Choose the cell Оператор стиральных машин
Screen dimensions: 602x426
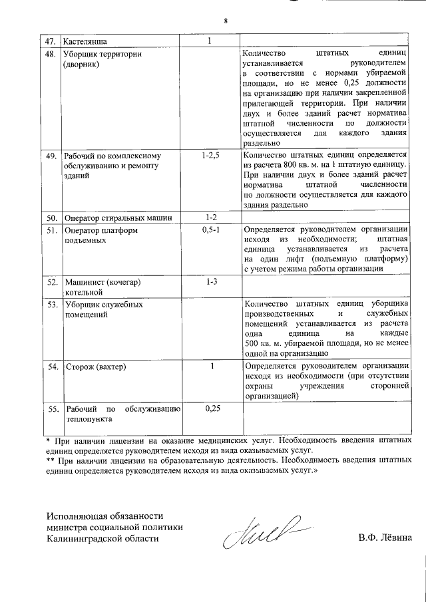tap(118, 218)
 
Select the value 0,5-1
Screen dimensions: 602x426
tap(210, 229)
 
